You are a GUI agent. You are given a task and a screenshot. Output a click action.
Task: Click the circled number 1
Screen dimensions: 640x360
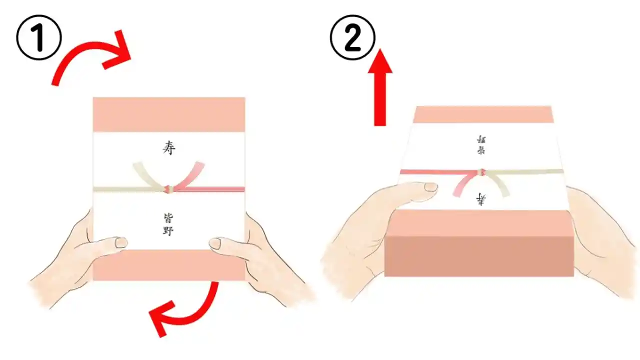pos(39,37)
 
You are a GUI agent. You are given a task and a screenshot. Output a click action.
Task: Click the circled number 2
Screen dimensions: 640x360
pos(352,37)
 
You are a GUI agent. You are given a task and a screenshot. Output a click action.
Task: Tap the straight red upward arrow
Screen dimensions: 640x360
pos(380,87)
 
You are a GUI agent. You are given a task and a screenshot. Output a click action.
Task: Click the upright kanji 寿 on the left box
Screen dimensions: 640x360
pos(169,148)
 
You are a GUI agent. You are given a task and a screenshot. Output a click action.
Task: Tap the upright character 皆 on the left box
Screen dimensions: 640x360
pos(168,218)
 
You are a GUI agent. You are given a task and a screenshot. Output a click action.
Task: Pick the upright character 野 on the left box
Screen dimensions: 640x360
pos(168,231)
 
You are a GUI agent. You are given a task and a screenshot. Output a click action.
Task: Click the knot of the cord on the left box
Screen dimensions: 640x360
pos(168,189)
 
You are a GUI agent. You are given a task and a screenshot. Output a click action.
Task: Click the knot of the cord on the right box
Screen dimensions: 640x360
pos(481,172)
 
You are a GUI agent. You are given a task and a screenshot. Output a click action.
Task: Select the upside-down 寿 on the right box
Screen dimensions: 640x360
pos(481,199)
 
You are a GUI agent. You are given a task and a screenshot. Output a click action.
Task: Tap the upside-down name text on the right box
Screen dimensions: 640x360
pos(481,145)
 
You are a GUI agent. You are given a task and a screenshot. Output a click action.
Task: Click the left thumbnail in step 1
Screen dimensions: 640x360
pos(121,243)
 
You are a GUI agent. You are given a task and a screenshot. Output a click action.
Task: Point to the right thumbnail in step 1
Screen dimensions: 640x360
pos(215,243)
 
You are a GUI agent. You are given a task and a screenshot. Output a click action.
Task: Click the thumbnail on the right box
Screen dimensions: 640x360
pos(431,187)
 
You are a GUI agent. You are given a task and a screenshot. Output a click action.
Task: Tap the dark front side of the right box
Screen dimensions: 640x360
pos(479,256)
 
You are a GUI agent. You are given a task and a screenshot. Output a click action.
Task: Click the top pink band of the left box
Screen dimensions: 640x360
pos(169,115)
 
